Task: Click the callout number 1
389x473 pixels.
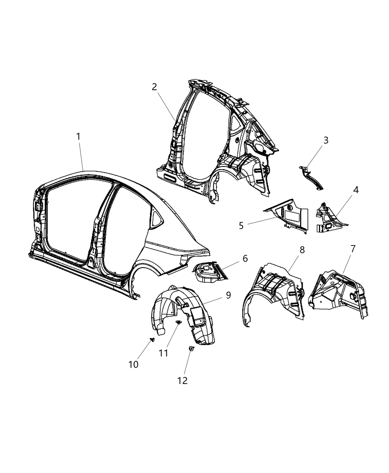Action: click(78, 137)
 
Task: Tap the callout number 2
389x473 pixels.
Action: click(154, 87)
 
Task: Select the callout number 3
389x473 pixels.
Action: click(326, 140)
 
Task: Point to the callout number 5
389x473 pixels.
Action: click(241, 226)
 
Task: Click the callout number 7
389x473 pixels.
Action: click(353, 249)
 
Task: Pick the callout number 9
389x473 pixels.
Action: click(228, 295)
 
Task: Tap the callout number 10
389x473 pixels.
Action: click(133, 364)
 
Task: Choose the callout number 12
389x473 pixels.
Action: click(182, 380)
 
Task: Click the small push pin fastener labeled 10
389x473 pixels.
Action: click(152, 339)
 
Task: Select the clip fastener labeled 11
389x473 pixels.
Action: click(179, 323)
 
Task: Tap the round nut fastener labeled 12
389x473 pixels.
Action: click(191, 348)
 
